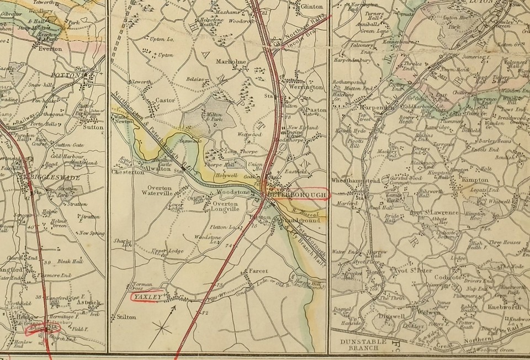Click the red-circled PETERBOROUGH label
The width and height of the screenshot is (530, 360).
click(297, 194)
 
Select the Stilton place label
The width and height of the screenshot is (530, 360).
click(126, 317)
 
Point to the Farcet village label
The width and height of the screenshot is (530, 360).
click(258, 272)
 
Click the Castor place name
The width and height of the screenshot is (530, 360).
click(165, 100)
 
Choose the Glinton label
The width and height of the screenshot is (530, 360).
click(311, 7)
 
